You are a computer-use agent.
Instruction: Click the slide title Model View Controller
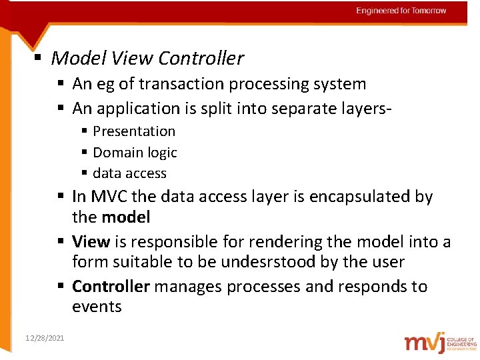147,59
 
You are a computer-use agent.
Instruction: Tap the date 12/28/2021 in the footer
45,339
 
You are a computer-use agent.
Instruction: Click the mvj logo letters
424,342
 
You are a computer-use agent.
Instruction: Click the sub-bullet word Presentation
134,131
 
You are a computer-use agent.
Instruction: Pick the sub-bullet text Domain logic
135,153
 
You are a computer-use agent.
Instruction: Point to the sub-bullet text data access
129,173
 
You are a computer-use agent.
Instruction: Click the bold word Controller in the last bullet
110,287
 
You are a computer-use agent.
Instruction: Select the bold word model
125,217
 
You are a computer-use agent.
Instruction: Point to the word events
97,307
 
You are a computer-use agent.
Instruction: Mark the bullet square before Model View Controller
39,58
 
